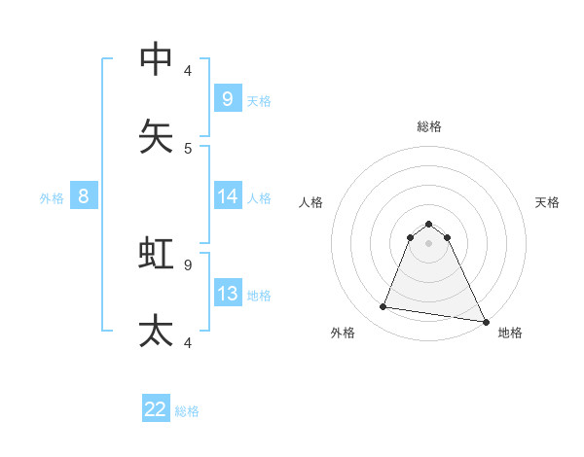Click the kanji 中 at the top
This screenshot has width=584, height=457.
157,59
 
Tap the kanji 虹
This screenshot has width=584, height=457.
157,254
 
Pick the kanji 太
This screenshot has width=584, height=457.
157,331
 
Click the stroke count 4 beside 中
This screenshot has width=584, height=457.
188,70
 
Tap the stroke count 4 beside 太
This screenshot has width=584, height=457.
188,342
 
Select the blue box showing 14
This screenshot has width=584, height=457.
228,196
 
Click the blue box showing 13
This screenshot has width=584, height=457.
228,294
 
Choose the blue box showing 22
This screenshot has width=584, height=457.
156,409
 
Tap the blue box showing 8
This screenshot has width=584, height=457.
84,196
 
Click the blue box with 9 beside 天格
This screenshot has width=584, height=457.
228,99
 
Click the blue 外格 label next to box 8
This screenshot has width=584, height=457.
52,197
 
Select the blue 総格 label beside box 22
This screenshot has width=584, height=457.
187,410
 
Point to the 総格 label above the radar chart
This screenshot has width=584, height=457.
429,126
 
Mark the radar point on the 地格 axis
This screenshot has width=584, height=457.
485,321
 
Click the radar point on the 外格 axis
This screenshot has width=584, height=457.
383,307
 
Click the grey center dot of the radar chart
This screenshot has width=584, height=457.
429,242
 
